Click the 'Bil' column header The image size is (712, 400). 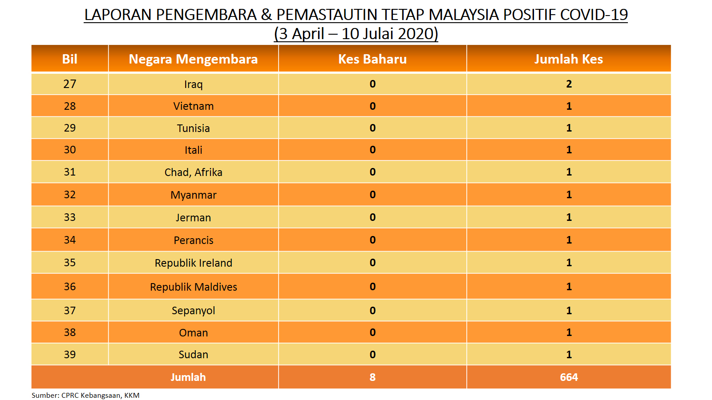[x=69, y=60]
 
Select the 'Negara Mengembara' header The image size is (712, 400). [x=193, y=60]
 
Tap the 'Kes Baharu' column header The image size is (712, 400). [x=372, y=60]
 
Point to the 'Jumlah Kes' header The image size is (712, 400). [x=569, y=60]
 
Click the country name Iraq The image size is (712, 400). [x=193, y=84]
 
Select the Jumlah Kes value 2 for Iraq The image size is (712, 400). [x=569, y=84]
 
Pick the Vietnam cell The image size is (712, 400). [x=193, y=106]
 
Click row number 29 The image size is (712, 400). [x=69, y=128]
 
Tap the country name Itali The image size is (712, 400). [x=193, y=150]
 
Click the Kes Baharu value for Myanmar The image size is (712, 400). [x=372, y=195]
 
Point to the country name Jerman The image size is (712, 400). [x=193, y=218]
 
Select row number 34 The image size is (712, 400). [x=69, y=240]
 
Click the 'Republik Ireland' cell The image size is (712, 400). [x=193, y=263]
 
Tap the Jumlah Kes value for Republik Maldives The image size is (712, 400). [x=569, y=287]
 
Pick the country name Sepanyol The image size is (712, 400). [x=193, y=311]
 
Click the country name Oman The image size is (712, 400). [x=193, y=333]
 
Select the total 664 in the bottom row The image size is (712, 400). [x=569, y=377]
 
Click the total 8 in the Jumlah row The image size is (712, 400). [x=372, y=377]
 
